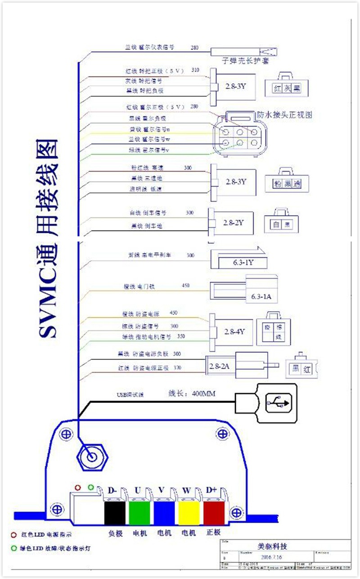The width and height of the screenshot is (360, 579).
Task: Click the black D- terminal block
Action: point(114,513)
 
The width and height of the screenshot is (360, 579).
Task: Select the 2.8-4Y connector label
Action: point(234,331)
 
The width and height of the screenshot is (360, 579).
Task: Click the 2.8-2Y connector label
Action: point(233,222)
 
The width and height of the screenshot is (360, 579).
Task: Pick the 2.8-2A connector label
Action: point(219,365)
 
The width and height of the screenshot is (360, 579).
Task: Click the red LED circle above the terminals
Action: point(78,488)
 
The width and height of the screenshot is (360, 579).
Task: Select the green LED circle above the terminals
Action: point(91,487)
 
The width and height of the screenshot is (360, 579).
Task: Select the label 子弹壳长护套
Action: point(246,61)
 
